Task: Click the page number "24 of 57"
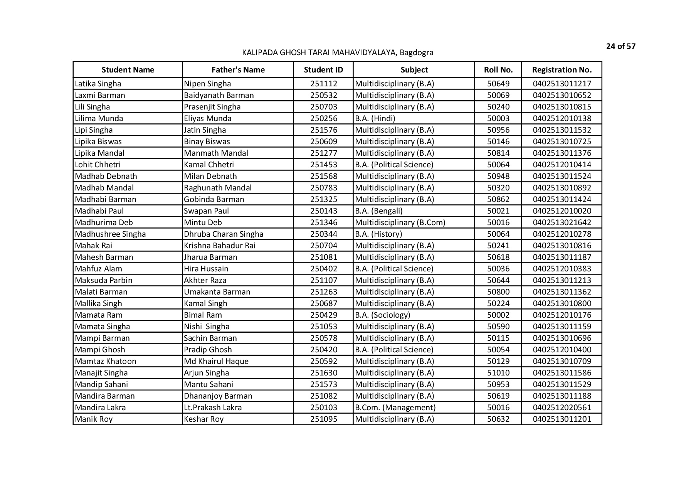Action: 621,47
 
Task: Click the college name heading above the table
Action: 337,52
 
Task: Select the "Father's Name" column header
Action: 238,70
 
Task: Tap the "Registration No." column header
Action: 562,70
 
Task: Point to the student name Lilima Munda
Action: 99,118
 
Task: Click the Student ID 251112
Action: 323,84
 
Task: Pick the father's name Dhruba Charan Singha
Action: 224,234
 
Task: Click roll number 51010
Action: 498,373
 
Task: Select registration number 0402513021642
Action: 562,222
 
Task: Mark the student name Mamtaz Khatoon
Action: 106,361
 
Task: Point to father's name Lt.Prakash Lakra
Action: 213,407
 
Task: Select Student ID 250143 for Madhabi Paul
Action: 323,211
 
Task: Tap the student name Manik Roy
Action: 94,419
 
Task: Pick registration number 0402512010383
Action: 562,269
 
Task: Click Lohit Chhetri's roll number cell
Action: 498,165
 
